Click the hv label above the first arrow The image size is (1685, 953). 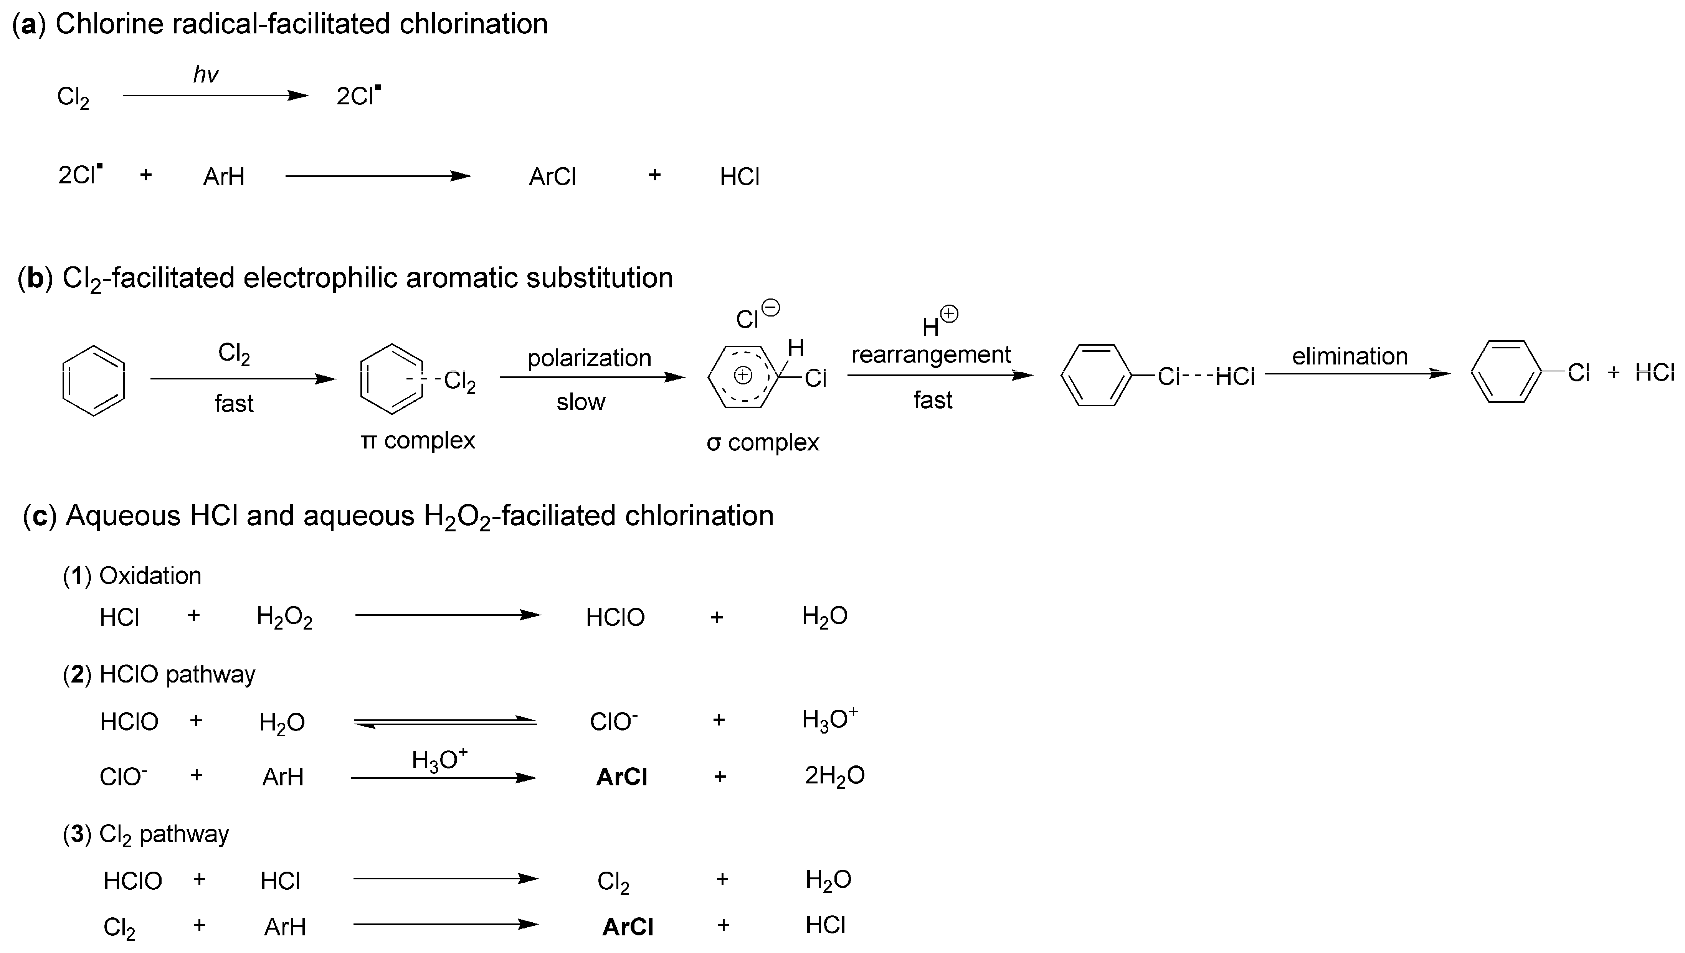tap(206, 74)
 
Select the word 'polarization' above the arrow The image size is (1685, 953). tap(589, 358)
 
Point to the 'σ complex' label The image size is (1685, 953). tap(763, 443)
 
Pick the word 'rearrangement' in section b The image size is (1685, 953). tap(930, 355)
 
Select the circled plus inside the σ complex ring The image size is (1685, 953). tap(742, 375)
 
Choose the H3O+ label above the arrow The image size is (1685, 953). tap(439, 759)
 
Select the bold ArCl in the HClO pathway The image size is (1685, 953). tap(621, 777)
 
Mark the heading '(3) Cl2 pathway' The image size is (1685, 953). tap(146, 834)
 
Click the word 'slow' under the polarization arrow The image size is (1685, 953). tap(581, 402)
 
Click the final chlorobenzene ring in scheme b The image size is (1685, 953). tap(1506, 372)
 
